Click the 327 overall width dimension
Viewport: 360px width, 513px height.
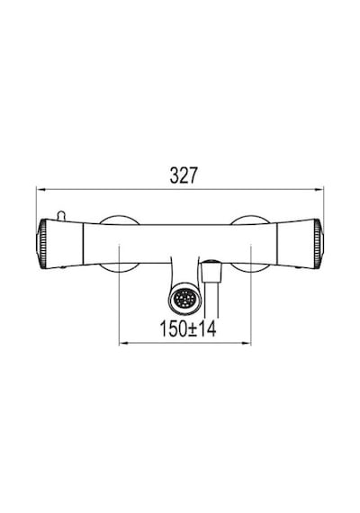(x=184, y=175)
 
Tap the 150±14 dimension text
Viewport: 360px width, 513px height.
(x=188, y=328)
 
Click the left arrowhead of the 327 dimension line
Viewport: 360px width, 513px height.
(x=40, y=189)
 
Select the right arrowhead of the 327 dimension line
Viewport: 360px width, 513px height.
(x=319, y=189)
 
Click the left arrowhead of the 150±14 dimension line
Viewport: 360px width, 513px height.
(x=123, y=343)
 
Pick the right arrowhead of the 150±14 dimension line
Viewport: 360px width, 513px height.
(x=246, y=343)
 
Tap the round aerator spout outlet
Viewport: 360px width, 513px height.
(x=184, y=299)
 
